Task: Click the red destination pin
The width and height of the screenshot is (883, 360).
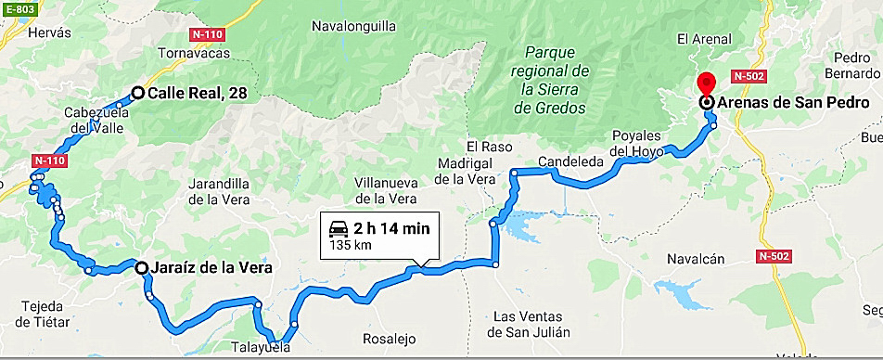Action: [x=707, y=83]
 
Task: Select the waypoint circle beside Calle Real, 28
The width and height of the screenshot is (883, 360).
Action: [x=137, y=93]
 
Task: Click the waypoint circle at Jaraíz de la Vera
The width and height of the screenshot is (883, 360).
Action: [x=142, y=268]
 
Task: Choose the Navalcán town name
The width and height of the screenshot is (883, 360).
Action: [x=695, y=261]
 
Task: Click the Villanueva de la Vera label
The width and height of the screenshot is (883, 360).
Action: [x=387, y=190]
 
